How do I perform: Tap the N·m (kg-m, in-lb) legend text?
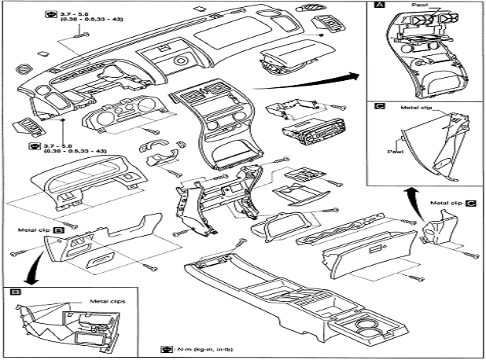click(x=194, y=348)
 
